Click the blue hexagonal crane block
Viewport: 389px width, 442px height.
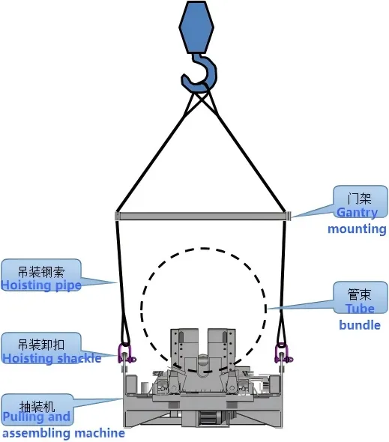196,27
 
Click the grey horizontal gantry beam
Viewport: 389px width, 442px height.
202,217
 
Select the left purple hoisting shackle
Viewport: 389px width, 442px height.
125,354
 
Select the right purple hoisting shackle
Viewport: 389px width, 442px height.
282,354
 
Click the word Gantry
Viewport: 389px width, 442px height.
357,212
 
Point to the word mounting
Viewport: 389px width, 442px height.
357,228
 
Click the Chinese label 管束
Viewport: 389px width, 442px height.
359,294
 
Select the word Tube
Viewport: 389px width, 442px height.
361,309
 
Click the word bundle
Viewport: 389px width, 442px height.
360,325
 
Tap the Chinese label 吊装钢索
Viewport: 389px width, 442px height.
41,272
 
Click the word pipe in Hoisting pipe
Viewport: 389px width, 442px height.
68,286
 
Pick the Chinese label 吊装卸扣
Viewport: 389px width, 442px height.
41,345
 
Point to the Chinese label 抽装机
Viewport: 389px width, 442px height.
37,406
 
